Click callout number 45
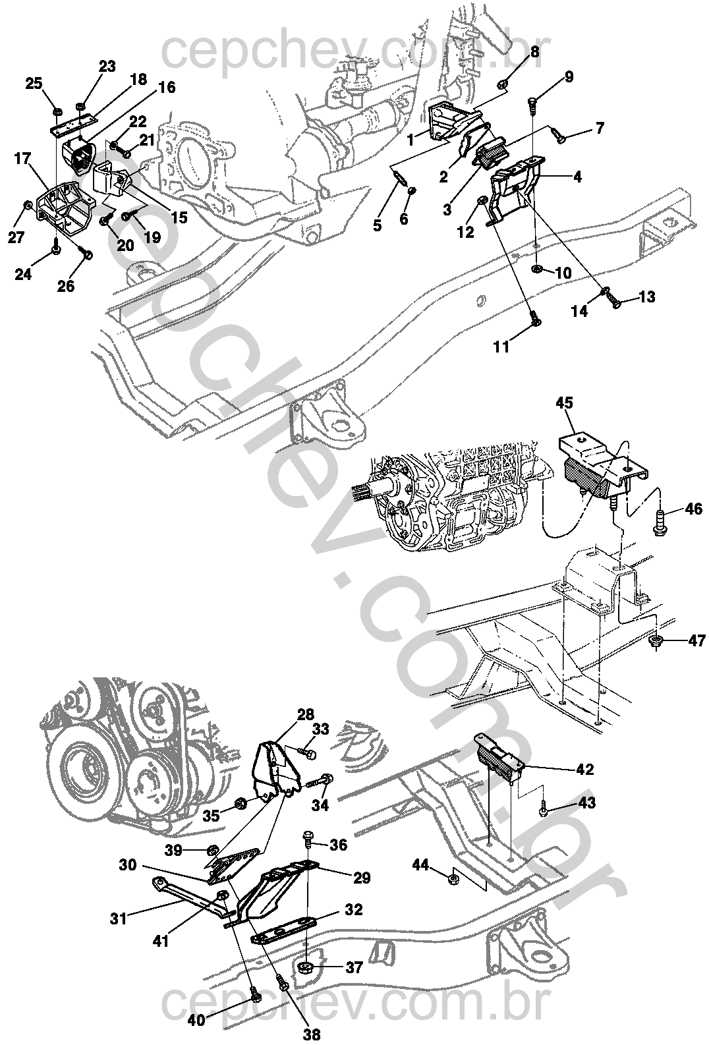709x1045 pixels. [x=565, y=403]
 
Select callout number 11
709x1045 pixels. [x=501, y=347]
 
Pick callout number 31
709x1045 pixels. [x=119, y=918]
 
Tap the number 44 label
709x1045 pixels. [x=421, y=865]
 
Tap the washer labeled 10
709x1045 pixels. [x=536, y=269]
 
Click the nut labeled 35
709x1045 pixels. [x=241, y=804]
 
